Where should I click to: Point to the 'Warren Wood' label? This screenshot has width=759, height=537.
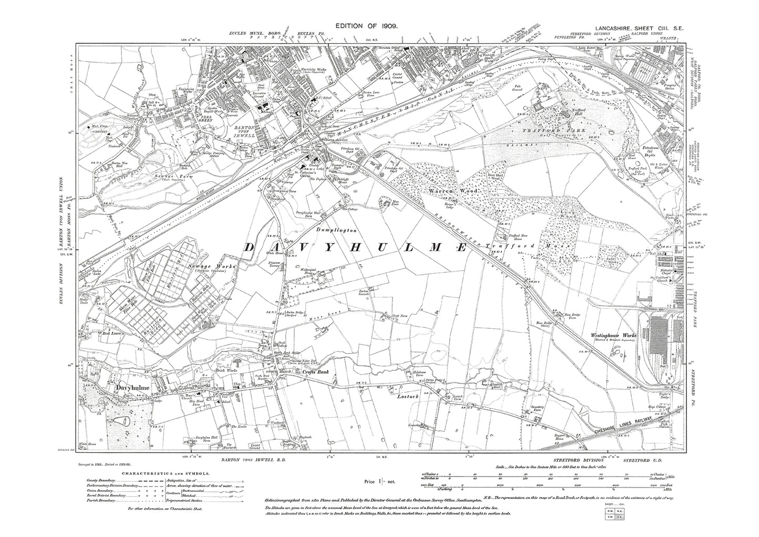tap(443, 193)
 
